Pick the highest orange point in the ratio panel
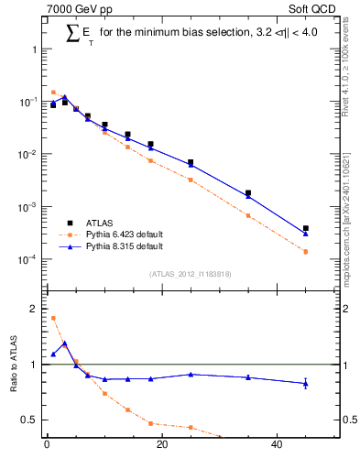[x=53, y=318]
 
